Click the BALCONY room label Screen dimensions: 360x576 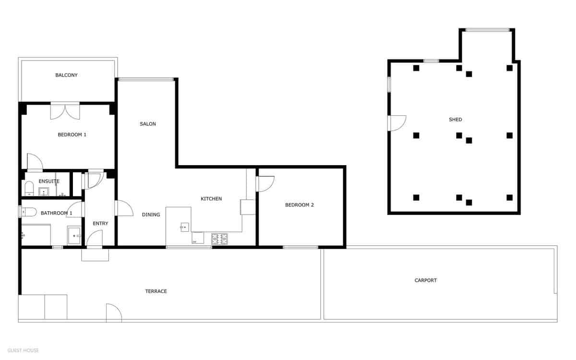(x=66, y=75)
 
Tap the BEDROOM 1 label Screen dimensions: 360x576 (x=72, y=135)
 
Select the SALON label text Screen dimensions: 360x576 (x=148, y=124)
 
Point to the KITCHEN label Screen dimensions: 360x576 (x=211, y=199)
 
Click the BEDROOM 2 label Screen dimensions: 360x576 (x=300, y=205)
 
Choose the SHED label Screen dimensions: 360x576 (x=456, y=120)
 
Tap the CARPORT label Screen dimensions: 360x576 (x=426, y=280)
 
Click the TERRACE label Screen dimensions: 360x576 (x=156, y=291)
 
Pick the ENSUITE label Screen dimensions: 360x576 (x=49, y=181)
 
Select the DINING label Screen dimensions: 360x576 (x=151, y=215)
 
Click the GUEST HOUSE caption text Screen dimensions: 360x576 (x=24, y=350)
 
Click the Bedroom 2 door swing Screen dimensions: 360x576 (x=265, y=184)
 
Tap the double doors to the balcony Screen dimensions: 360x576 (x=65, y=111)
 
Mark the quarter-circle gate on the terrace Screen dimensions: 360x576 (x=113, y=312)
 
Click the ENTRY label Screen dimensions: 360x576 (x=100, y=223)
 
